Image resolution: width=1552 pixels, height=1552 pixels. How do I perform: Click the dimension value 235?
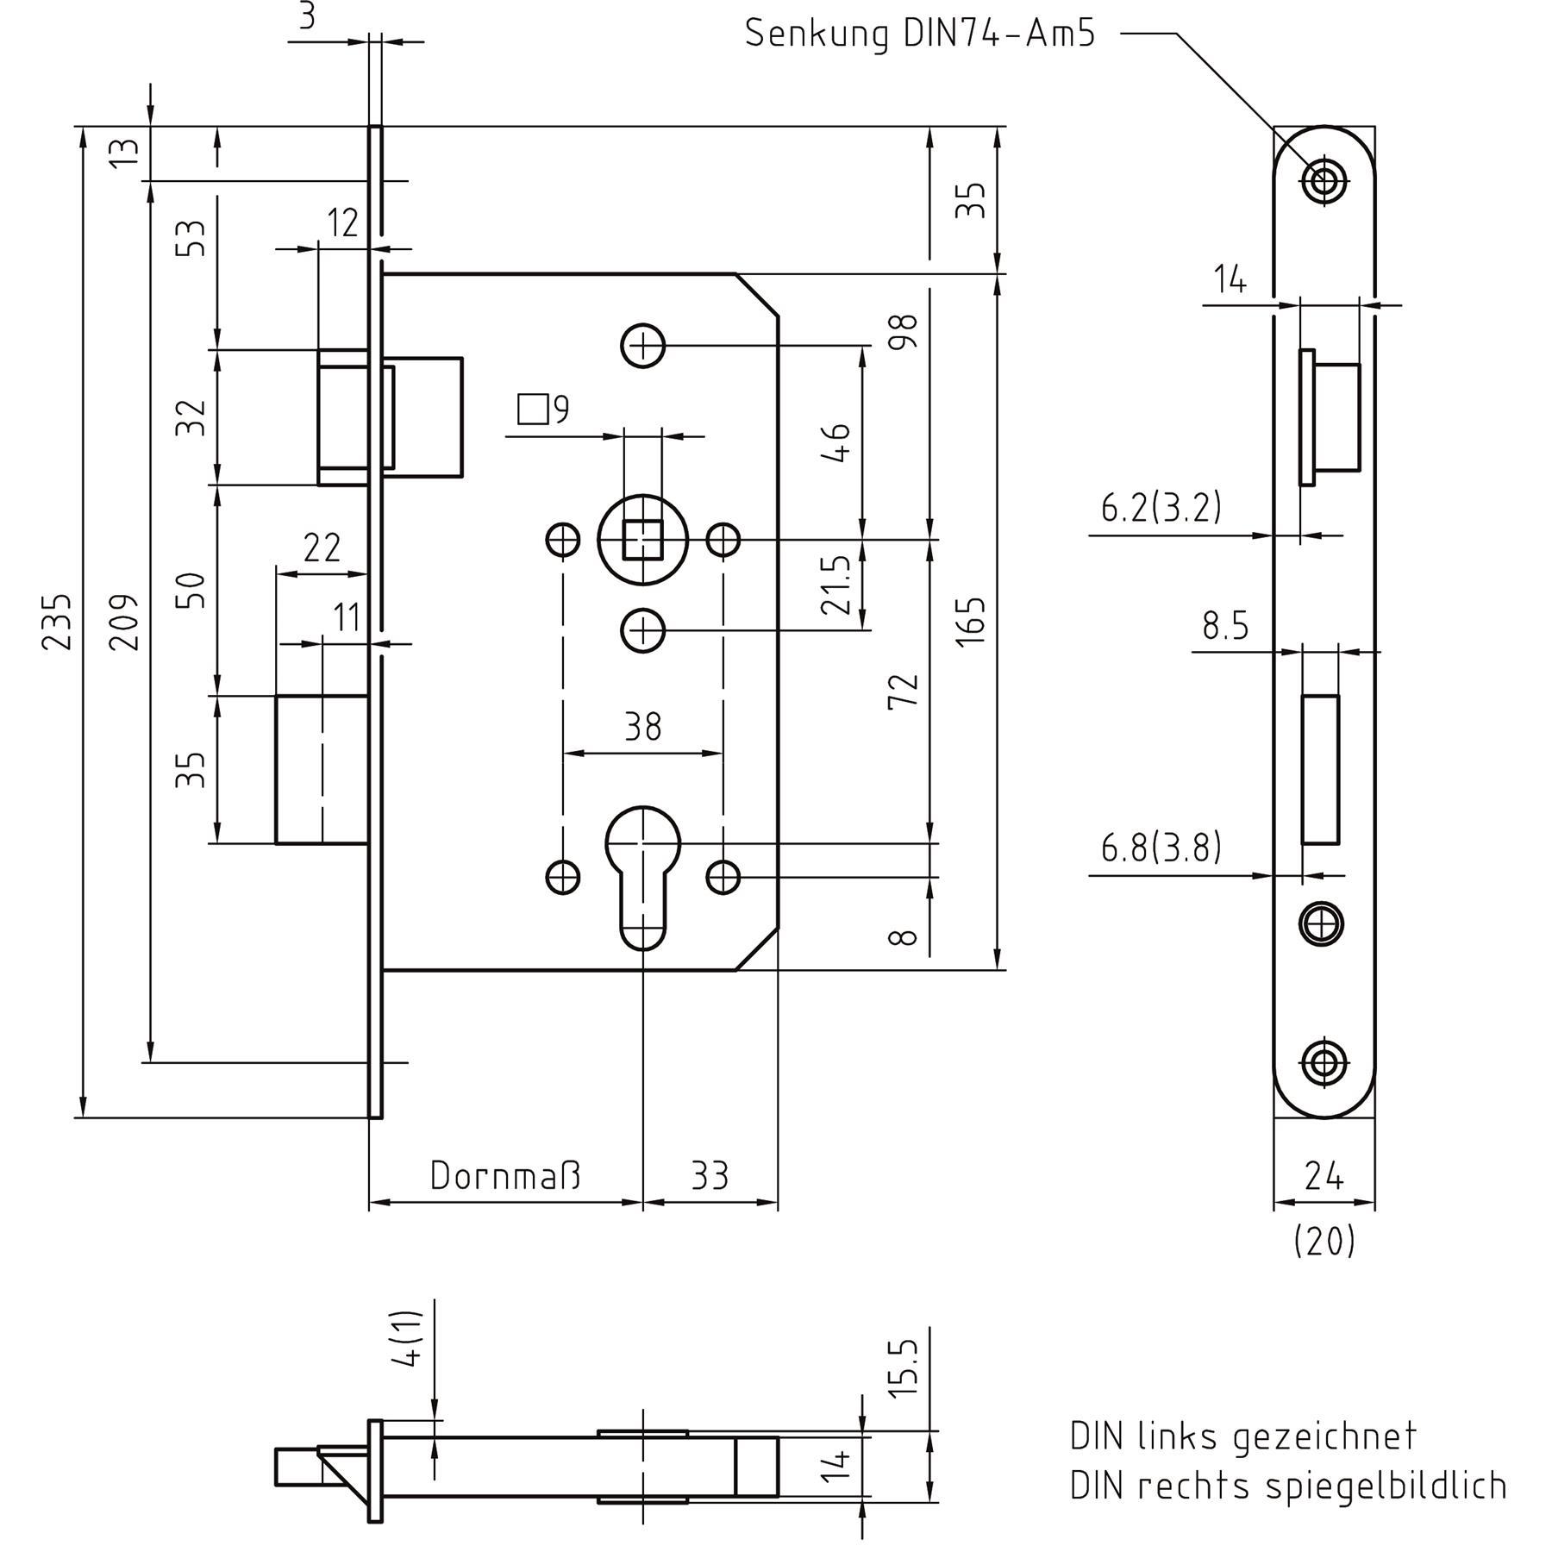(x=57, y=621)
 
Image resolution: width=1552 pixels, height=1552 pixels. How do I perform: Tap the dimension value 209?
(x=124, y=621)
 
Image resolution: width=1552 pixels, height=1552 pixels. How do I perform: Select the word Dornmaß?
(x=505, y=1176)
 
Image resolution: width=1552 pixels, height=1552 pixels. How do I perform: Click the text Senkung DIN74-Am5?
(x=919, y=34)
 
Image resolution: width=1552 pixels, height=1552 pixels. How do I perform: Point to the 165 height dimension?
(x=971, y=621)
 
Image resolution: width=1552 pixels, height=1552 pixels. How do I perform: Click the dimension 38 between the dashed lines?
(x=642, y=728)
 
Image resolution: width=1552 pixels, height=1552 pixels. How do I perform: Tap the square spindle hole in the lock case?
(x=642, y=540)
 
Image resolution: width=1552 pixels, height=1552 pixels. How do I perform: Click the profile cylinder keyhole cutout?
(x=642, y=871)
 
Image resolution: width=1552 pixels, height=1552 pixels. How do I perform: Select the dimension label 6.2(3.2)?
(x=1161, y=508)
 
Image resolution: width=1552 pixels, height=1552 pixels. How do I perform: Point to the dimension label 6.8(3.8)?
(x=1161, y=848)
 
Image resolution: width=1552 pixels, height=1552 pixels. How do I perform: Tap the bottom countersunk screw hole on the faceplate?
(x=1324, y=1062)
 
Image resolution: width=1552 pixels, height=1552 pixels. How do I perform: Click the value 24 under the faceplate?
(x=1324, y=1176)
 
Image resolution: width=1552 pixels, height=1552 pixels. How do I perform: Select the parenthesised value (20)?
(x=1324, y=1242)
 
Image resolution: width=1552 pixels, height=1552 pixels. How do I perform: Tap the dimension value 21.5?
(x=836, y=585)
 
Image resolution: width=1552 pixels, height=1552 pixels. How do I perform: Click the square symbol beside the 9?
(x=534, y=410)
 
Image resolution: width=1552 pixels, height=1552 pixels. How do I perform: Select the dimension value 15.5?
(x=902, y=1368)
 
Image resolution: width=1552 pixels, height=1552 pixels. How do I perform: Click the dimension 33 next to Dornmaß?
(x=710, y=1176)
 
